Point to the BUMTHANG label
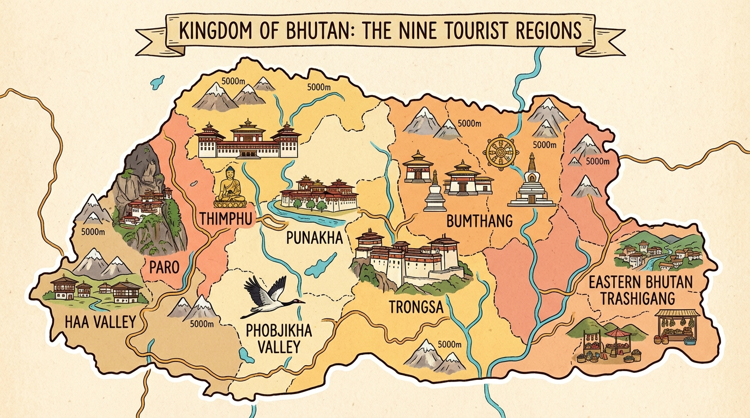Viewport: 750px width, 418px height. tap(479, 221)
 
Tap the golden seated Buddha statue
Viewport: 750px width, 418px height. tap(231, 188)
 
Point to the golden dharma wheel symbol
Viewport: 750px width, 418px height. tap(501, 152)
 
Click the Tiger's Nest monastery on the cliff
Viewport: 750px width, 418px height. tap(146, 207)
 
